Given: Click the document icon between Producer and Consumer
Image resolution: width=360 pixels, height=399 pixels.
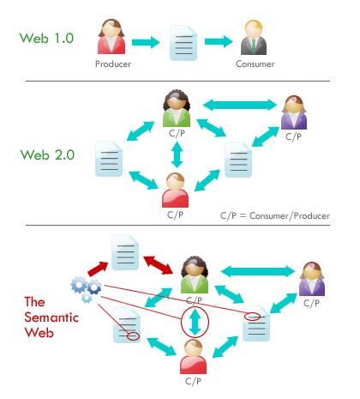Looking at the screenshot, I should tap(184, 41).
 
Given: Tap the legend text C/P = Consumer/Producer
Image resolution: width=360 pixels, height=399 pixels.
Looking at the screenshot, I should tap(275, 215).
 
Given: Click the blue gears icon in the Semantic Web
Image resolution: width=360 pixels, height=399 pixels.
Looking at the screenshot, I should tap(86, 287).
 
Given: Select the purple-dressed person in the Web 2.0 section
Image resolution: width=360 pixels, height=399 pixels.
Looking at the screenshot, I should tap(295, 112).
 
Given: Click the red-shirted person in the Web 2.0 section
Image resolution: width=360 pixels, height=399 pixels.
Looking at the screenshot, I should tap(177, 188).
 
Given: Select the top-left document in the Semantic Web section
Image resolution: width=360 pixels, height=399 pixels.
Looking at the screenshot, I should tap(124, 251).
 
